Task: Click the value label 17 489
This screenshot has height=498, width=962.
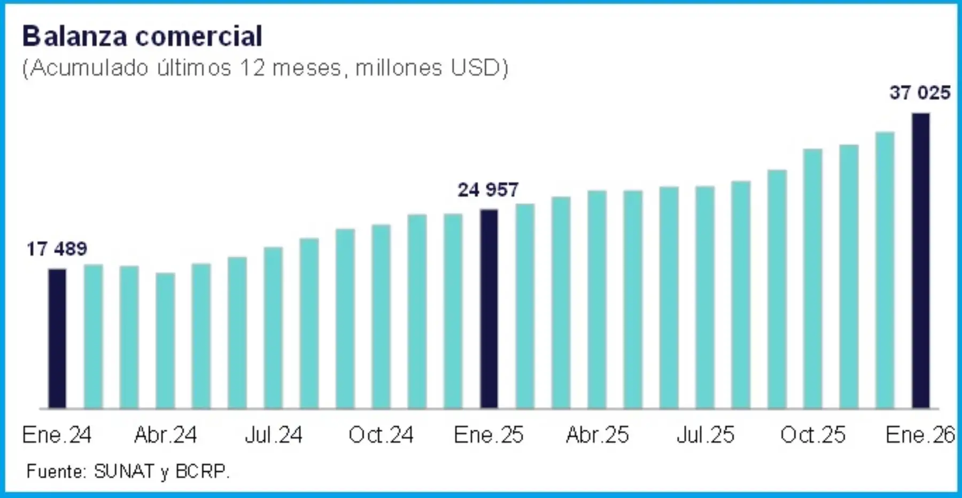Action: [57, 249]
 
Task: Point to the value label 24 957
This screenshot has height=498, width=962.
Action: [488, 190]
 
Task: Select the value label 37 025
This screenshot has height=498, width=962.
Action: [920, 93]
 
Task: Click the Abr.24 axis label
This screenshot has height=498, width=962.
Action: [165, 435]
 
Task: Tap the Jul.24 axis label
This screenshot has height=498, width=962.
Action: [273, 435]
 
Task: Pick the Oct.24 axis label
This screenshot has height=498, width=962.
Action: [381, 435]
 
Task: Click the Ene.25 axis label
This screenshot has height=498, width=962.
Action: [488, 435]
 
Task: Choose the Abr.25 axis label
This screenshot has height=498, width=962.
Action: [597, 435]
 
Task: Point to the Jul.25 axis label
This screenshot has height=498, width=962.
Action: [705, 435]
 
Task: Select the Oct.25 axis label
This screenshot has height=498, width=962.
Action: [813, 435]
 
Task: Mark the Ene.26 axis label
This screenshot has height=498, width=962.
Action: [920, 435]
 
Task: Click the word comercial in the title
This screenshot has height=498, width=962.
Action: [198, 36]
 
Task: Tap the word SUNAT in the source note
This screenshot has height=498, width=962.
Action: [124, 471]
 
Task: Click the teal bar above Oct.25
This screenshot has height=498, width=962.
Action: [812, 278]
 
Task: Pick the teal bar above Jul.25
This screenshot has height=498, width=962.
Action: [705, 297]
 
